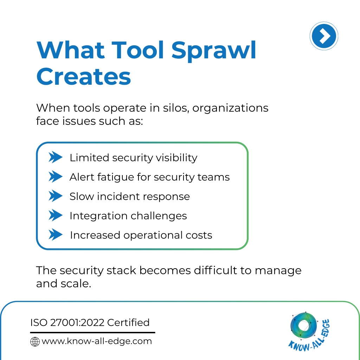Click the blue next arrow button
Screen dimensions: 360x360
point(324,36)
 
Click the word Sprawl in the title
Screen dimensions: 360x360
point(214,51)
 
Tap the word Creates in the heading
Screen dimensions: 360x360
point(84,76)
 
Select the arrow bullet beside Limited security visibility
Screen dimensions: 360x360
point(55,157)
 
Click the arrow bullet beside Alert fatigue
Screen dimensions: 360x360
point(55,176)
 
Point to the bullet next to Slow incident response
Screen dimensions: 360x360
point(55,196)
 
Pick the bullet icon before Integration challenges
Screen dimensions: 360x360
point(55,216)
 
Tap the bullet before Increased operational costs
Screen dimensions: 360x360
point(55,234)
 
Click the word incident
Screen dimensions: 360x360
point(118,197)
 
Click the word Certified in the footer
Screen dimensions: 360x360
point(128,323)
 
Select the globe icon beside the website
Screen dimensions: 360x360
point(35,341)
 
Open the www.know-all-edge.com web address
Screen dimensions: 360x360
point(97,341)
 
